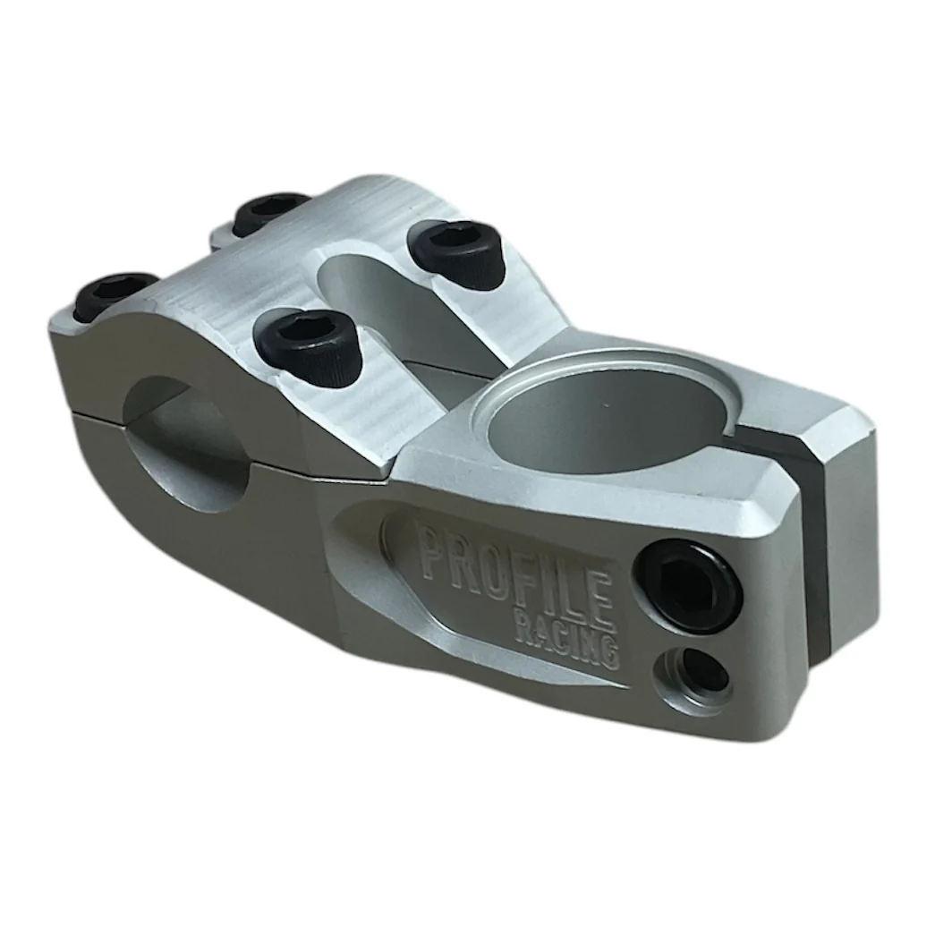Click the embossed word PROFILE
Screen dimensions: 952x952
tap(516, 567)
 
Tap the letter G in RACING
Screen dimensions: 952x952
tap(609, 649)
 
